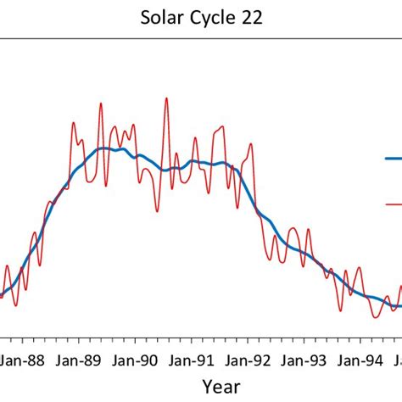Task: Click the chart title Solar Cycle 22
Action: (201, 19)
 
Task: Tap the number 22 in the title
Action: (251, 19)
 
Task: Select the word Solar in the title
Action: (160, 19)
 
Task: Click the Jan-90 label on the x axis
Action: (138, 360)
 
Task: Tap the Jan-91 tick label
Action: (195, 360)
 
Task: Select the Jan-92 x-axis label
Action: (252, 360)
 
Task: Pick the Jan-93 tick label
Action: (308, 360)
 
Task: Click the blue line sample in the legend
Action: (393, 158)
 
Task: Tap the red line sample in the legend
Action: (393, 204)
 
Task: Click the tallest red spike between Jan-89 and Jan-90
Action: (100, 103)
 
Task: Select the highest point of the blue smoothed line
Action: (103, 148)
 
